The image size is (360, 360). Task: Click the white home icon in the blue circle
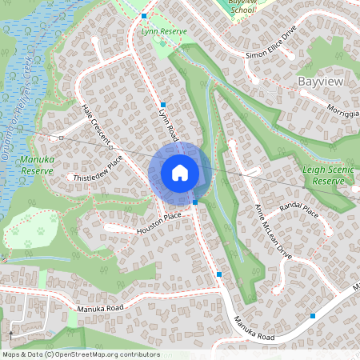point(180,172)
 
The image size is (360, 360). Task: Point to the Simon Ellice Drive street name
point(271,53)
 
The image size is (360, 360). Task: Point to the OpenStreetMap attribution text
point(80,354)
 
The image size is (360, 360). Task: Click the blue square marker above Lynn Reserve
point(144,16)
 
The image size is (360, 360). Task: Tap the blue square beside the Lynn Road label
point(162,105)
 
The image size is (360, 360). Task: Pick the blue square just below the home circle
point(195,202)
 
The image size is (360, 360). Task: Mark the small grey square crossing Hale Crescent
point(110,147)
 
